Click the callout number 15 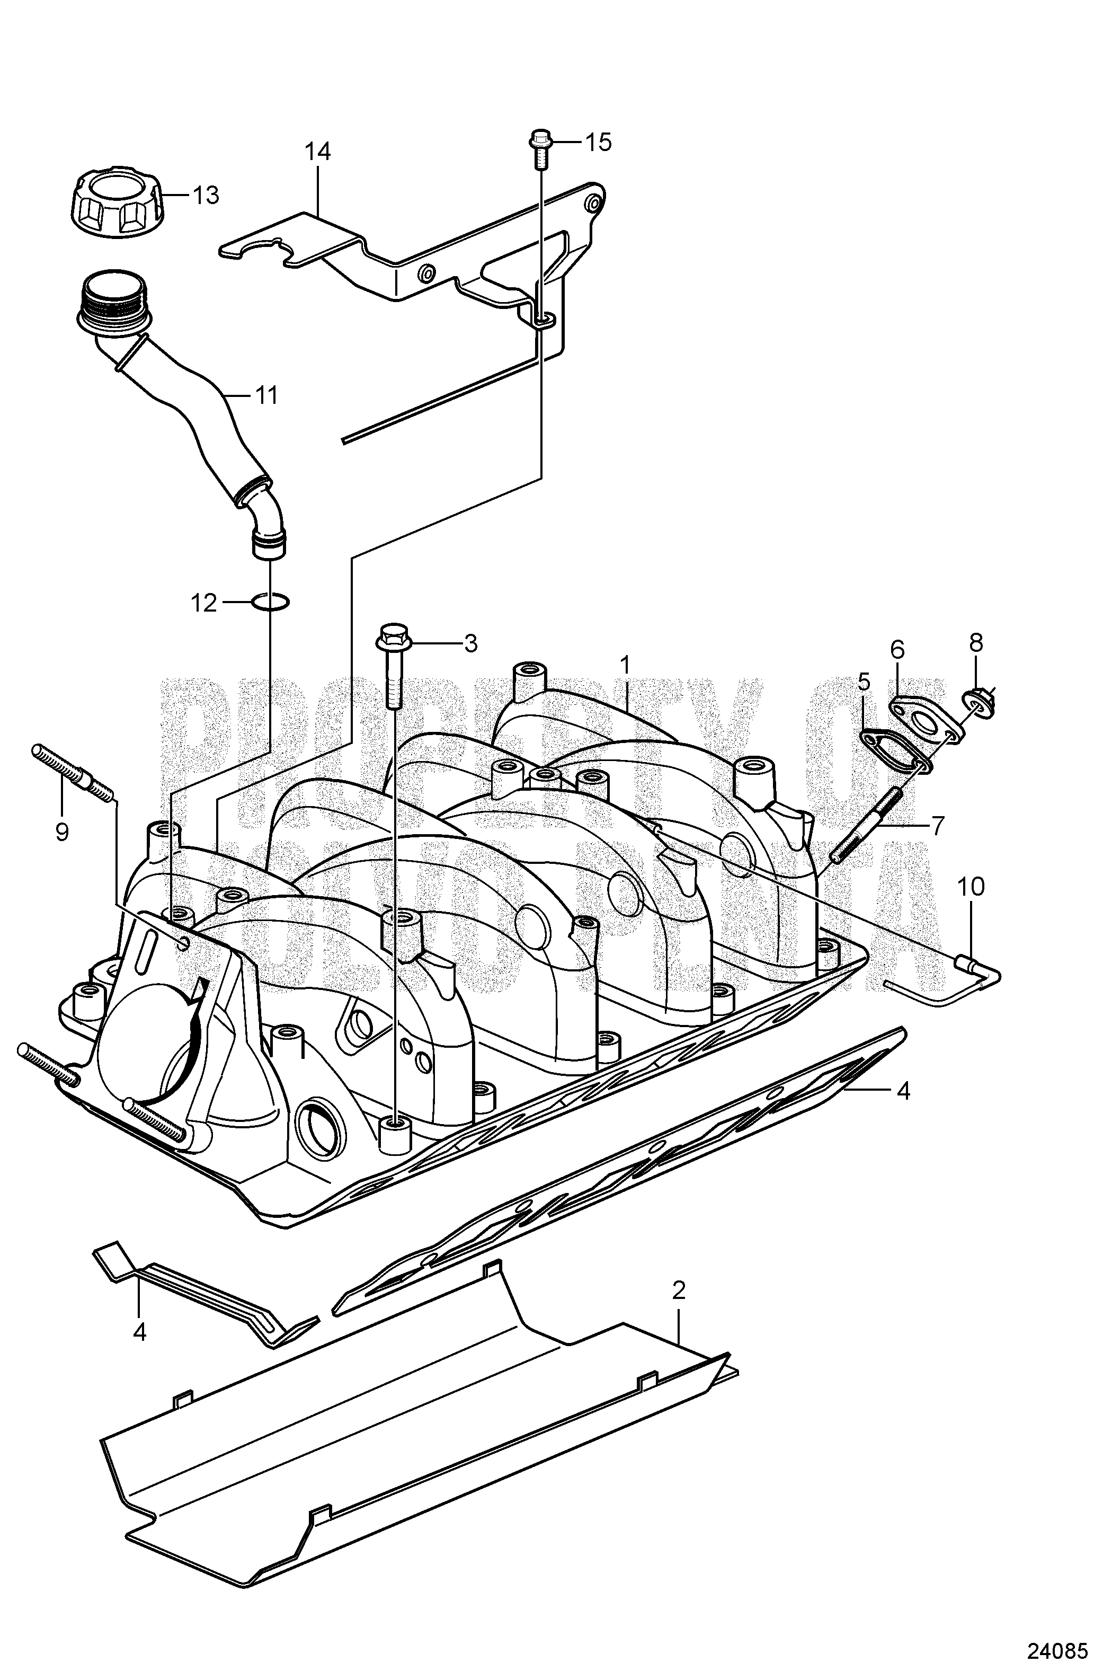[599, 143]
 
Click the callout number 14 [317, 152]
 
